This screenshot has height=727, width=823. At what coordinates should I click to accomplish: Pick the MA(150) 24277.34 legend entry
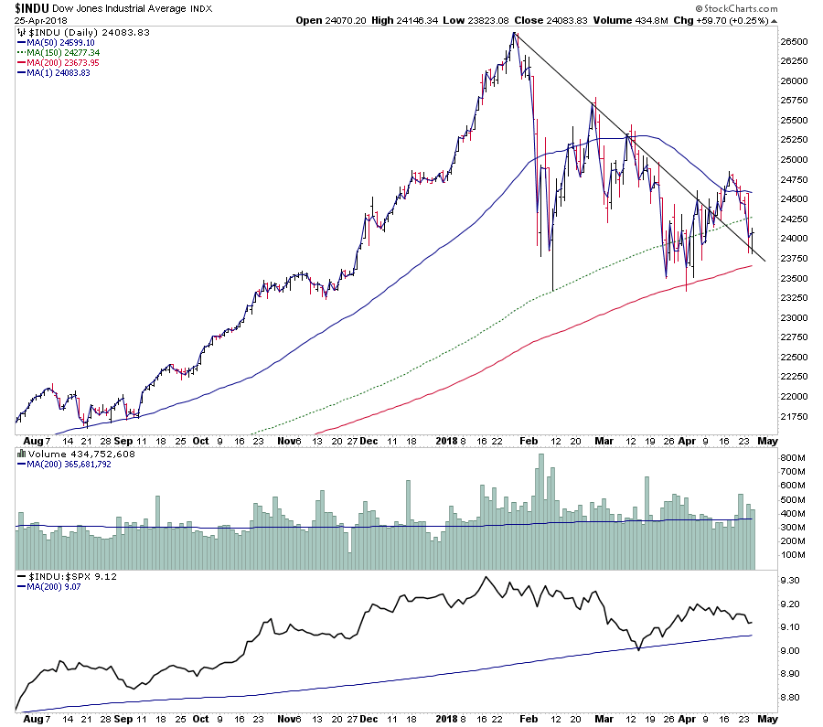point(64,53)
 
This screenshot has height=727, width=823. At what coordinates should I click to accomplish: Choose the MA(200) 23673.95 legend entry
point(64,62)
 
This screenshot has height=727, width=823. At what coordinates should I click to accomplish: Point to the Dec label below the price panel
point(370,440)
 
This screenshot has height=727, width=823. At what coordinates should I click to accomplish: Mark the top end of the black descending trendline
point(515,33)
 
